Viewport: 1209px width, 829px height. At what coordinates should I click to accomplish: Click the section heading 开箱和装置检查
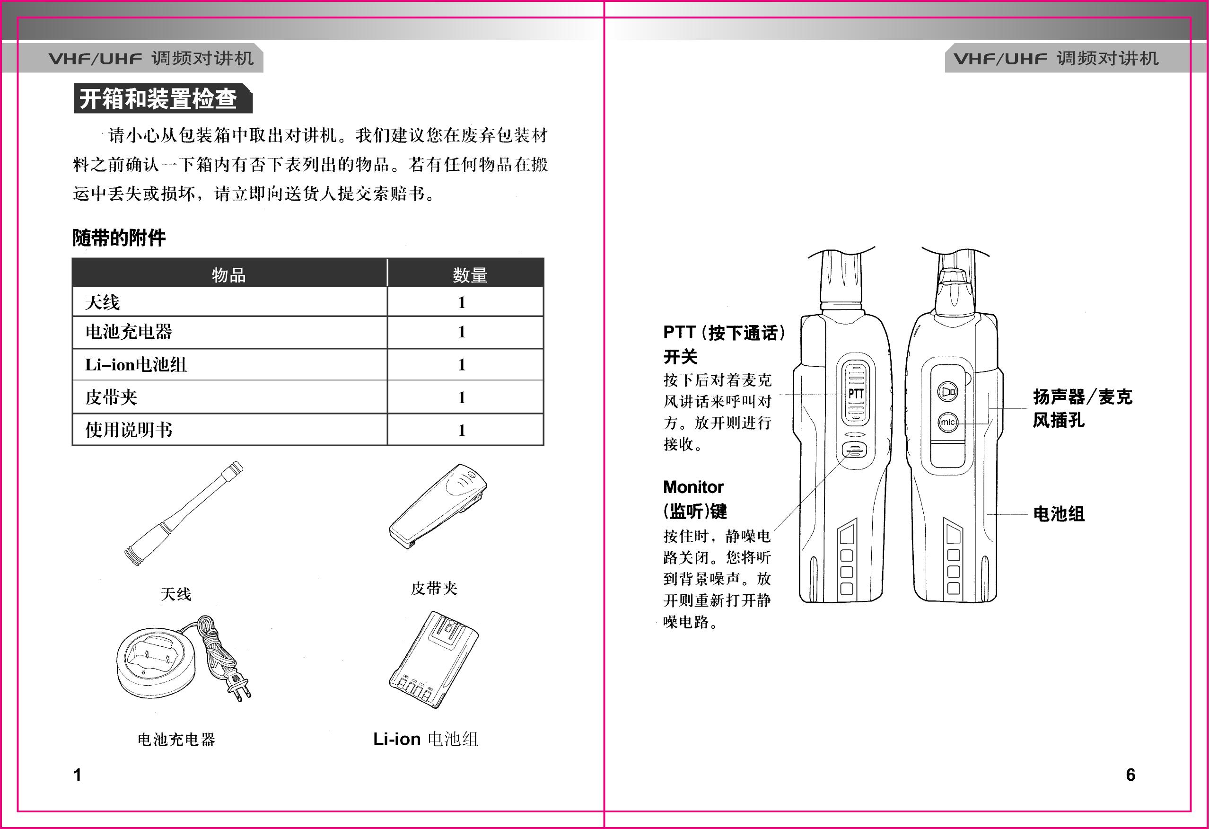pyautogui.click(x=158, y=99)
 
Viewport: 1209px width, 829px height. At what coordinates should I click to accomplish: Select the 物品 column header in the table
pyautogui.click(x=229, y=274)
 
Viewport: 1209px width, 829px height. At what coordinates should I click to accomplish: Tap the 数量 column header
pyautogui.click(x=470, y=274)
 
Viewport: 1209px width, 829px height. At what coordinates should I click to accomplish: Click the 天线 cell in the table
pyautogui.click(x=103, y=302)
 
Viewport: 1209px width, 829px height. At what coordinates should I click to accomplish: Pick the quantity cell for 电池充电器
pyautogui.click(x=462, y=332)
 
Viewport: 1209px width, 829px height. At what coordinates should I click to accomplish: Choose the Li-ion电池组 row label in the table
pyautogui.click(x=136, y=364)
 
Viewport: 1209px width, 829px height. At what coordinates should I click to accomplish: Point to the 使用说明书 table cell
pyautogui.click(x=129, y=430)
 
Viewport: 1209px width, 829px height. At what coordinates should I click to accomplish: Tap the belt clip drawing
pyautogui.click(x=438, y=506)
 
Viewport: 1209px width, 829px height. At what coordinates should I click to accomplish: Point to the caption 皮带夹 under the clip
pyautogui.click(x=434, y=589)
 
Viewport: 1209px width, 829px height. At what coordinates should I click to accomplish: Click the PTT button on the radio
pyautogui.click(x=856, y=393)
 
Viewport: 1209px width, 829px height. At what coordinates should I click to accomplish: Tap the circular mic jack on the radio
pyautogui.click(x=948, y=422)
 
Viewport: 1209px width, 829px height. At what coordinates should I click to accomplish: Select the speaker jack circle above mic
pyautogui.click(x=948, y=392)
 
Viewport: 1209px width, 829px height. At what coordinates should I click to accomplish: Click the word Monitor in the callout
pyautogui.click(x=693, y=487)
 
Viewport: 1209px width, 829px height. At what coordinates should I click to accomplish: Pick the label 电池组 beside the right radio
pyautogui.click(x=1059, y=514)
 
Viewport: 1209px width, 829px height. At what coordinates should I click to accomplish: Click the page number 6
pyautogui.click(x=1130, y=775)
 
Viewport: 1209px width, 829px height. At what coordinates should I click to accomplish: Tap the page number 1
pyautogui.click(x=78, y=775)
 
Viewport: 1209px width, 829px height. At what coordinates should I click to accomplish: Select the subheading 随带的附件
pyautogui.click(x=119, y=238)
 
